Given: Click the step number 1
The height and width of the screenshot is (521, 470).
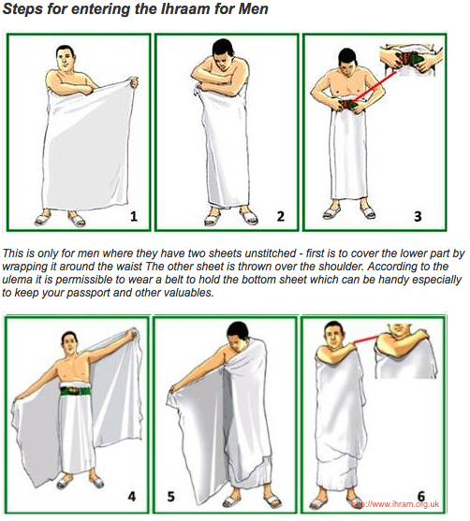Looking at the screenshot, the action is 134,217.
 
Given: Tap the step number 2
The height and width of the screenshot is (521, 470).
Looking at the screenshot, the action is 281,216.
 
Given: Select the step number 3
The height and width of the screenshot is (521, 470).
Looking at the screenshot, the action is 419,216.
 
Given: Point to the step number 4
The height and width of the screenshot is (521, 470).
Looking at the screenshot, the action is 132,497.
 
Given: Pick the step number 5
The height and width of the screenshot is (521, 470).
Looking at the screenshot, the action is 171,497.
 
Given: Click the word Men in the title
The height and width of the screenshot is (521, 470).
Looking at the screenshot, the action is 254,9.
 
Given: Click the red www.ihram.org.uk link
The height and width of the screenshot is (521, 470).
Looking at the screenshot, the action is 395,504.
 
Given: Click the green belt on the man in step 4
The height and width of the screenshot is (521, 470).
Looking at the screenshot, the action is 76,391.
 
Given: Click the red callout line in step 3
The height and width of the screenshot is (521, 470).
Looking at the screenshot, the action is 375,85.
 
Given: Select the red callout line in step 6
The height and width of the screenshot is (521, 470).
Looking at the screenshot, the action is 365,340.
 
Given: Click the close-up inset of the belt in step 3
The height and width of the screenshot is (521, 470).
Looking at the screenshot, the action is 411,61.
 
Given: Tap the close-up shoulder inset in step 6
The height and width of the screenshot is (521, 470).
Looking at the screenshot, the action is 405,351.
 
